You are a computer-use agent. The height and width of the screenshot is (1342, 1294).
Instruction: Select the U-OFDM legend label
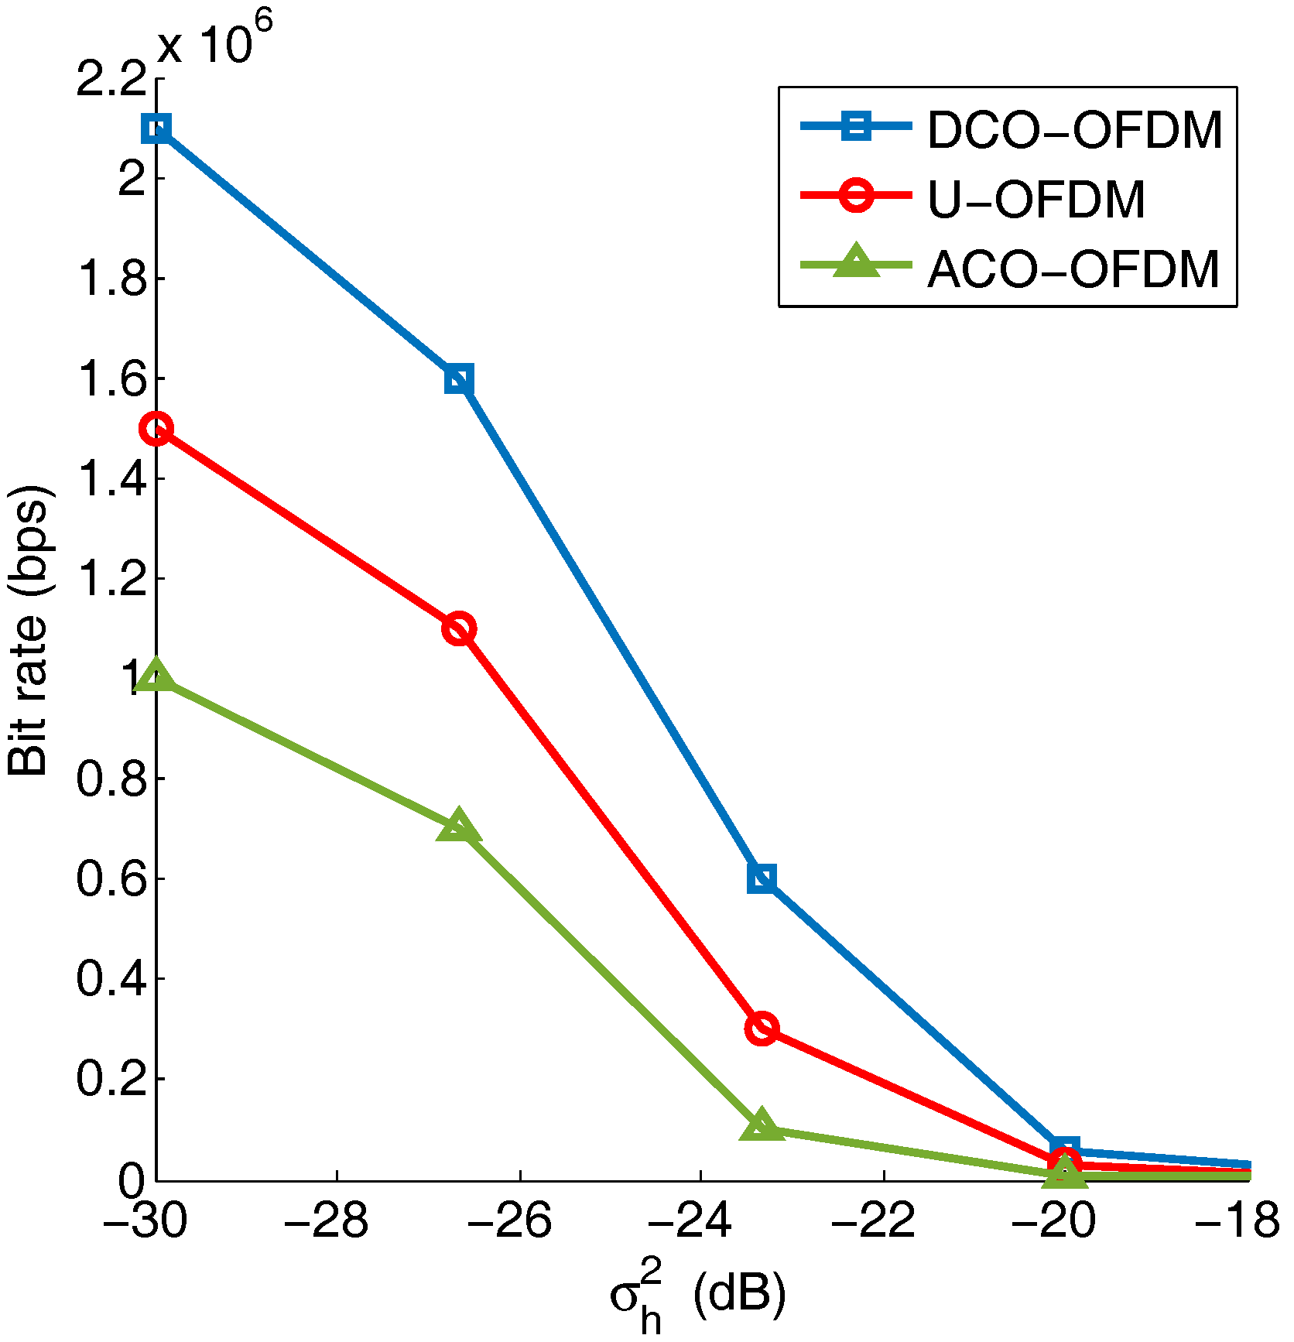coord(1036,200)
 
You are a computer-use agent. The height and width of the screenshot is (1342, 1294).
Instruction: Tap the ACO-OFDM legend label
coord(1073,270)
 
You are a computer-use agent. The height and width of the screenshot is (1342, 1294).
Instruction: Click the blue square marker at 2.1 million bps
coord(157,128)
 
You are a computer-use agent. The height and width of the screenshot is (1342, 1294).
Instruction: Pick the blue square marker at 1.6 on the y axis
coord(459,379)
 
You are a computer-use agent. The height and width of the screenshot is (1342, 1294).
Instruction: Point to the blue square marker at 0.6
coord(762,878)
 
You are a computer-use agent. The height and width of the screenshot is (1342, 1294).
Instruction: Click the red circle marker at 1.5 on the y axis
coord(157,429)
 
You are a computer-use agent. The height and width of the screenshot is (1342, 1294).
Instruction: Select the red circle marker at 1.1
coord(459,628)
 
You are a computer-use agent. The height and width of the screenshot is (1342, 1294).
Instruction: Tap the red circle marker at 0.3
coord(762,1029)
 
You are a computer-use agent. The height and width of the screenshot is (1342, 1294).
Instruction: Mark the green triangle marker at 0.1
coord(762,1127)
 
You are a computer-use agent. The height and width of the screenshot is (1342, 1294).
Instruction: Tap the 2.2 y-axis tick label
coord(111,79)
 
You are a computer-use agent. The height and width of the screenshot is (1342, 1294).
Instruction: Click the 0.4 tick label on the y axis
coord(111,978)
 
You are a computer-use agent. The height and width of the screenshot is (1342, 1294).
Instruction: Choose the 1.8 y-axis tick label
coord(111,279)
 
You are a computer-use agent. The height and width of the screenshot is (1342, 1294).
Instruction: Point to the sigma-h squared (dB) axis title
coord(697,1296)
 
